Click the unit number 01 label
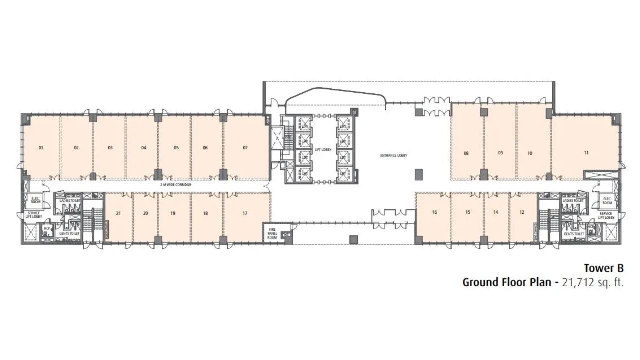(41, 148)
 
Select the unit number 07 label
(245, 148)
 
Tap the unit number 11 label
(586, 152)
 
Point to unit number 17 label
(245, 213)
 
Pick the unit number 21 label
(118, 213)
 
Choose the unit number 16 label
(434, 212)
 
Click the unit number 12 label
(522, 212)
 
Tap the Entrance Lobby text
(394, 155)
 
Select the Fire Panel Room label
(272, 234)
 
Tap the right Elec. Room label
(607, 201)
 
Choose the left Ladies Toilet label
(69, 201)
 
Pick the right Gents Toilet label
(574, 234)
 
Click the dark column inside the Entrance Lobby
(418, 174)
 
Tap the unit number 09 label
(500, 153)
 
